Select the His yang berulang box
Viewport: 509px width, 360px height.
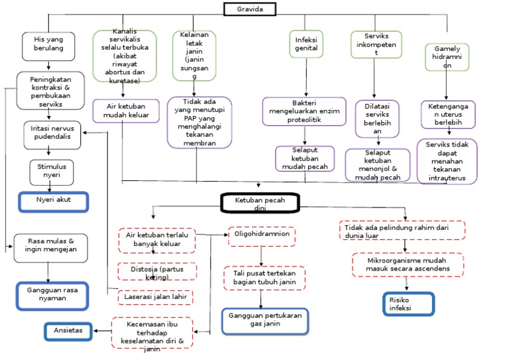point(50,44)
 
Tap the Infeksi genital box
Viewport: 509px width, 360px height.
point(307,44)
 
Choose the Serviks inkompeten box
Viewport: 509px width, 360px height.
point(375,44)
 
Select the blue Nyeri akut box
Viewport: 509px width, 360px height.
point(54,200)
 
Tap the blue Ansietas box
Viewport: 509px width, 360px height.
point(68,330)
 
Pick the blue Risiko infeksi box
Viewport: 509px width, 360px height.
point(408,304)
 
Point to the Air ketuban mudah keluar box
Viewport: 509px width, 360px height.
point(126,111)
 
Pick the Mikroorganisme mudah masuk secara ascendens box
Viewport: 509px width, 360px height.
point(409,264)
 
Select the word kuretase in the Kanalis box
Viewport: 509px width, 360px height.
point(125,80)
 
